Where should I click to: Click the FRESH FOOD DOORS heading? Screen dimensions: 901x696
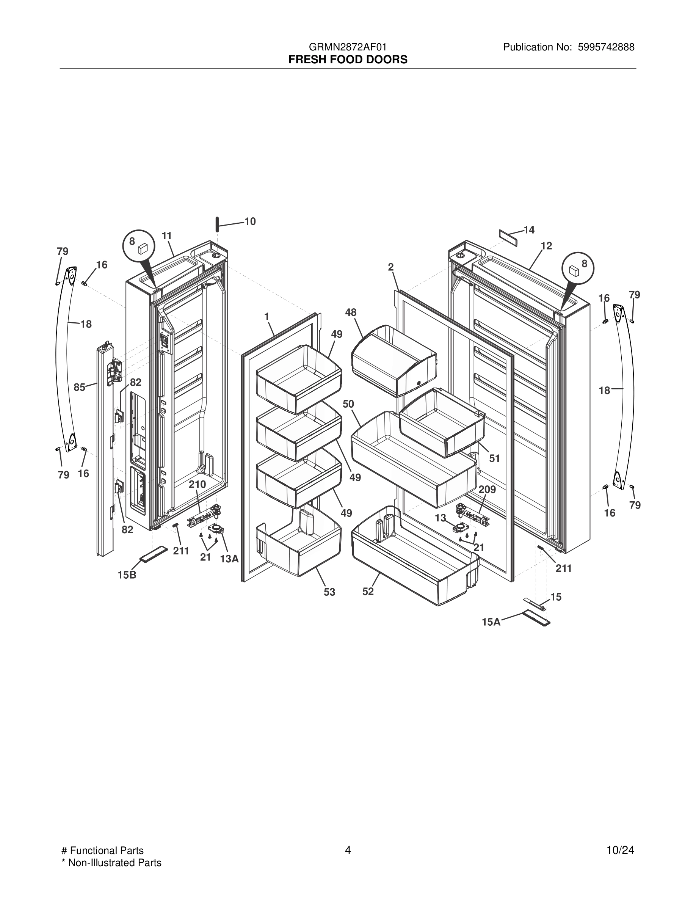[348, 60]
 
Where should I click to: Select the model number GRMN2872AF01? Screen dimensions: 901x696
[348, 47]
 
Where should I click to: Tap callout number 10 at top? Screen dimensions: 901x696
[250, 221]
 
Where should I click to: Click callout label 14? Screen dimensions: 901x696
[529, 230]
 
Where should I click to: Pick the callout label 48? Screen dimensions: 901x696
[351, 312]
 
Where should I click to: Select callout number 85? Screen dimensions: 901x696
[80, 387]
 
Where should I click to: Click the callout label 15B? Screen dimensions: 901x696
[127, 575]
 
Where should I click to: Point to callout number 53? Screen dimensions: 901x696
[329, 592]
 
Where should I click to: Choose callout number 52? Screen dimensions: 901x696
[368, 591]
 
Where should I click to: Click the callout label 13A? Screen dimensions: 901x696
[229, 559]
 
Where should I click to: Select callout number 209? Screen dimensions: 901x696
[488, 489]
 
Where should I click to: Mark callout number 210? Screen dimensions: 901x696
[198, 484]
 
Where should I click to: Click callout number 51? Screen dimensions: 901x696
[494, 458]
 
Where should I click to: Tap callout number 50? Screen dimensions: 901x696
[348, 404]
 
